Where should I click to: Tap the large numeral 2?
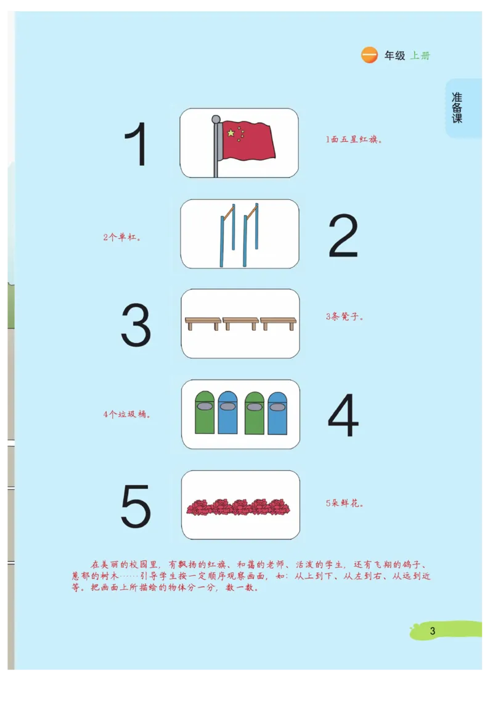343,236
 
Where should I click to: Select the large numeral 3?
136,325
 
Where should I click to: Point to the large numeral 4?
343,416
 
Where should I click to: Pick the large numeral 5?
136,506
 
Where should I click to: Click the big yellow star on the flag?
230,133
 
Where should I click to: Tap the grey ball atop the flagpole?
216,119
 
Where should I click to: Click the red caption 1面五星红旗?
354,139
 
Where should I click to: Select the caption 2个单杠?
122,237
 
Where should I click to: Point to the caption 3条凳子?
344,317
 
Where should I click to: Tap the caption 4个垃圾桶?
127,414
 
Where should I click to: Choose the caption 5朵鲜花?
344,503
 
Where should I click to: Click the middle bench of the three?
240,322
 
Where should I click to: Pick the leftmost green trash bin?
205,412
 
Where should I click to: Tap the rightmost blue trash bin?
277,412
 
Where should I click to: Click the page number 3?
433,631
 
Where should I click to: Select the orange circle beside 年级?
369,55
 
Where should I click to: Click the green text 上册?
420,56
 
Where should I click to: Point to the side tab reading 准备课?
457,108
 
